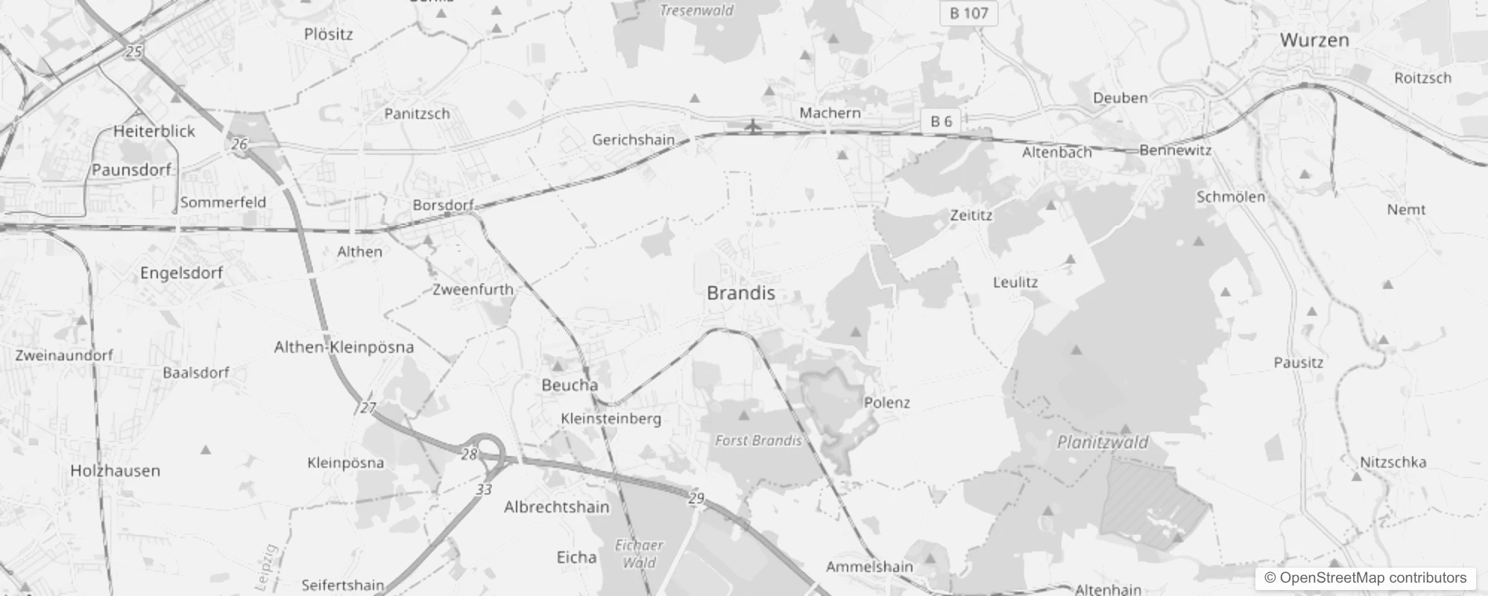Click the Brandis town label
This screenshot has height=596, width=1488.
click(740, 294)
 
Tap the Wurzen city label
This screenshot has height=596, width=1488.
click(1314, 40)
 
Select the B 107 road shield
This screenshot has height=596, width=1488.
click(968, 13)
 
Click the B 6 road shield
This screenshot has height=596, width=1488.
click(941, 121)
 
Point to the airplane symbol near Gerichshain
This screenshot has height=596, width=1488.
click(753, 126)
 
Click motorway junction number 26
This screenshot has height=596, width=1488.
click(239, 144)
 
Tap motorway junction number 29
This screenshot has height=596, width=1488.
click(696, 498)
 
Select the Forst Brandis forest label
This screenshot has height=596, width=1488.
click(757, 440)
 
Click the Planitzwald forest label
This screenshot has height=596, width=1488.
click(1102, 443)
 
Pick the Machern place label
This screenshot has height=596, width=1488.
click(830, 113)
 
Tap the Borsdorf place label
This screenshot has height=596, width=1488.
click(443, 205)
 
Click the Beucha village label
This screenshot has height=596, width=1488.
click(570, 385)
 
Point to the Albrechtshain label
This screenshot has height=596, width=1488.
click(556, 507)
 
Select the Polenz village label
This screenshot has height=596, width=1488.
click(886, 403)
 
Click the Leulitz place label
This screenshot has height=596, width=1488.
click(1015, 282)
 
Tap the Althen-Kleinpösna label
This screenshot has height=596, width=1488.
click(344, 347)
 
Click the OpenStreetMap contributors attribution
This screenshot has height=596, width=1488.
click(1365, 577)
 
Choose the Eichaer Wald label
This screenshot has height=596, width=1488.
click(639, 554)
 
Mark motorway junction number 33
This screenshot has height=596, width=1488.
click(484, 489)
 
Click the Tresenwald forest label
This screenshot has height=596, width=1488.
click(696, 10)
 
